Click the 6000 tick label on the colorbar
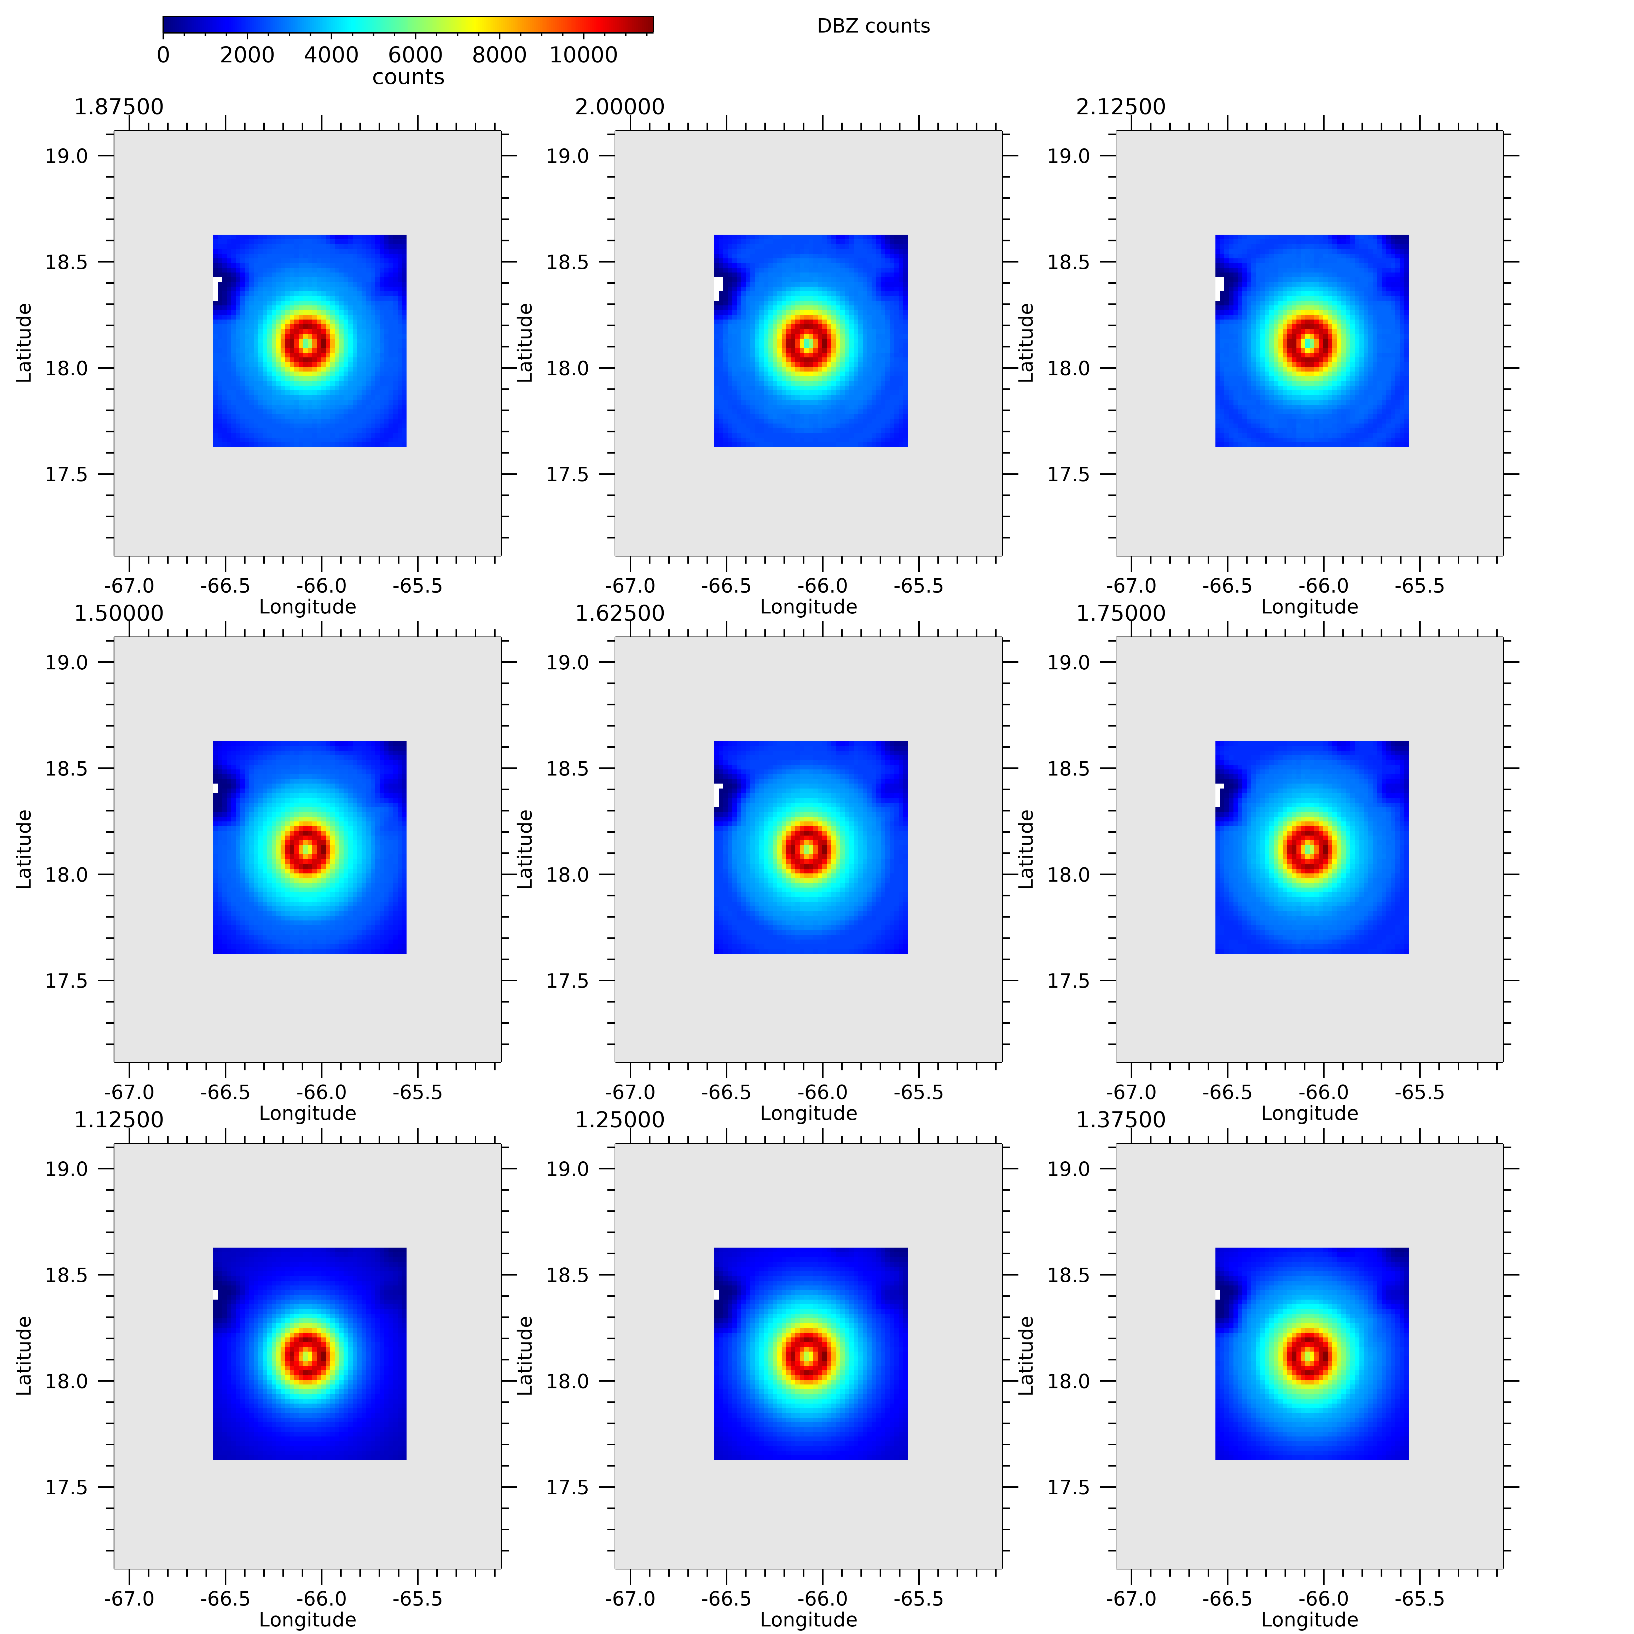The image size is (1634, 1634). tap(415, 55)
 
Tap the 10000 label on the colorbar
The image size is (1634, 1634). tap(584, 55)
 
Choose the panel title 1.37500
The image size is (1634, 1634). tap(1121, 1120)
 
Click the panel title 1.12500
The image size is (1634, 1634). tap(118, 1120)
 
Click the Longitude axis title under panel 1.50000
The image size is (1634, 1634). tap(307, 1113)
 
